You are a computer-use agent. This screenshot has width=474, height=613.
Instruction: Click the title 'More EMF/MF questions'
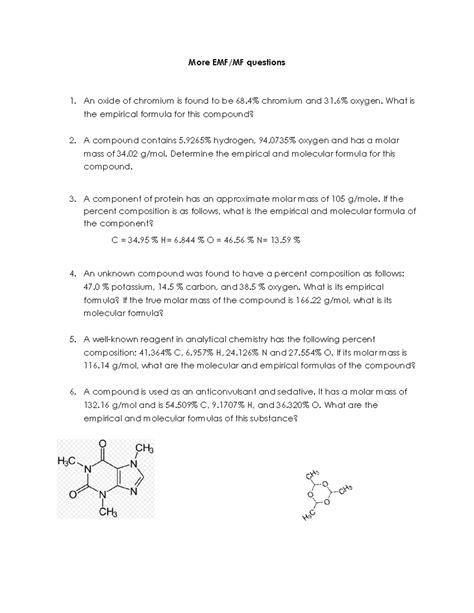pyautogui.click(x=236, y=62)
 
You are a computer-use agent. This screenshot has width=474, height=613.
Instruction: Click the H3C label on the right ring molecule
pyautogui.click(x=308, y=517)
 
